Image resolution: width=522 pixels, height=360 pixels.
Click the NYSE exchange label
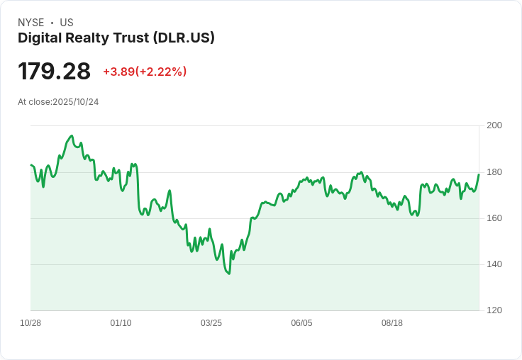30,23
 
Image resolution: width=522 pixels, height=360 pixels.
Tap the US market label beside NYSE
67,23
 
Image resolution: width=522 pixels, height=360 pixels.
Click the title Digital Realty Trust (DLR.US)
116,38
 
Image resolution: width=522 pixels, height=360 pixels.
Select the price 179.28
55,72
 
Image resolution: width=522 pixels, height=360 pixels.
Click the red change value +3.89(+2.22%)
145,72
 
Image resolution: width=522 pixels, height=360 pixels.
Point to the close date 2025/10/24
76,102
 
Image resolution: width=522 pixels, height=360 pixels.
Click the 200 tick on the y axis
494,125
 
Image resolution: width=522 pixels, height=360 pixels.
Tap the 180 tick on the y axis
494,172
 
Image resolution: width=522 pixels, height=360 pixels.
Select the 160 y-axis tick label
494,218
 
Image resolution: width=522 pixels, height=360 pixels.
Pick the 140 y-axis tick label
494,264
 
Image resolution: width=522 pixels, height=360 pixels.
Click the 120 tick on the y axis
494,310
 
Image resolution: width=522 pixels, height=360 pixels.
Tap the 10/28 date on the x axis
30,323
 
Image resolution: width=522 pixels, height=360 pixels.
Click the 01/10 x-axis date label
121,323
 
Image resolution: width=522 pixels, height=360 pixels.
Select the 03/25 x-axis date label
211,323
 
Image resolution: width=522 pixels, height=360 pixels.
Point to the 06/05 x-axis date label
301,323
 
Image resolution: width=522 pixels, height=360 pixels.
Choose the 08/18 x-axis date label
392,323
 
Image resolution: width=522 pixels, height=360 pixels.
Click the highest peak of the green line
71,135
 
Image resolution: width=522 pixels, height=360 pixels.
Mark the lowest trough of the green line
228,274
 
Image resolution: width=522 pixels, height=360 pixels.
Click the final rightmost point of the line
479,174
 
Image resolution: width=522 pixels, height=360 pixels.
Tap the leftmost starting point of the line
30,165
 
